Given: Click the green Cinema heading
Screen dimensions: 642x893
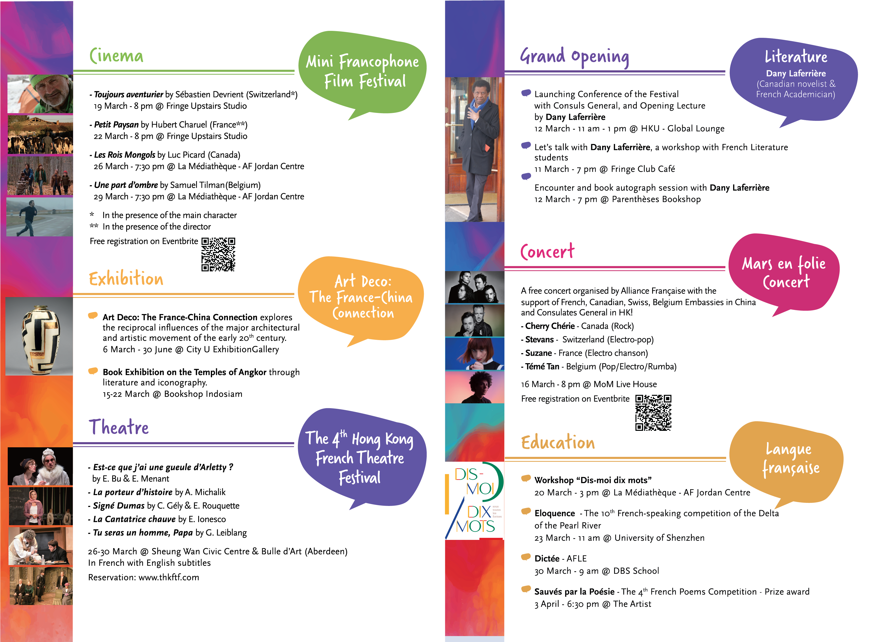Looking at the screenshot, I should [116, 56].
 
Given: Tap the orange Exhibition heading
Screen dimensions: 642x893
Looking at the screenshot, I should [126, 279].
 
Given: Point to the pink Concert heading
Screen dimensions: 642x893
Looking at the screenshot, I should [547, 251].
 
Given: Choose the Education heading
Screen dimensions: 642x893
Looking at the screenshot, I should [558, 442].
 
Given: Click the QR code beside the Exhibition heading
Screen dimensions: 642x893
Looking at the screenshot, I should [218, 254].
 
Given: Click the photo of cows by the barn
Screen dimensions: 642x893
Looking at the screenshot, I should [40, 135].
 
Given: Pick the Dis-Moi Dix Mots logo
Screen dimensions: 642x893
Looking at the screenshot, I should [475, 500].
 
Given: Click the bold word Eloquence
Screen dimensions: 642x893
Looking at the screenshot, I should [554, 513].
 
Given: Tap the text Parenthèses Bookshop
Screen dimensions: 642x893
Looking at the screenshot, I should [656, 199].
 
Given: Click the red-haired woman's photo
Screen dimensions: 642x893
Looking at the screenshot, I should [475, 354].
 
